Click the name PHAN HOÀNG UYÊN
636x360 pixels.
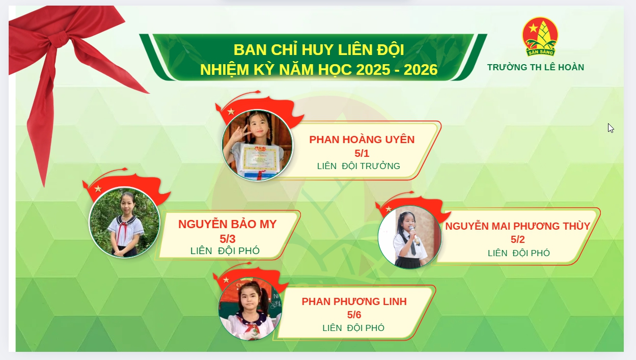click(362, 140)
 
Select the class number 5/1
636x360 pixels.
click(362, 153)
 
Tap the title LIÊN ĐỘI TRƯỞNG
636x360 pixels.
click(358, 166)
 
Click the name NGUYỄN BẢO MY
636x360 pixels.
click(227, 224)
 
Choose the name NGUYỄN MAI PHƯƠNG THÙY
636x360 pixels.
click(517, 226)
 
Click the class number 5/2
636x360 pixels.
click(517, 240)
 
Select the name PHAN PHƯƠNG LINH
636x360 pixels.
click(354, 301)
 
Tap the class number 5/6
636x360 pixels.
click(354, 315)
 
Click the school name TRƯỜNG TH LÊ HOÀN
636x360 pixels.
click(535, 67)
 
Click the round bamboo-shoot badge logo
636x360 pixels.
click(540, 36)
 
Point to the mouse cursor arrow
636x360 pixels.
click(610, 127)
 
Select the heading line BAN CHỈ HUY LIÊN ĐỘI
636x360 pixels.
click(318, 50)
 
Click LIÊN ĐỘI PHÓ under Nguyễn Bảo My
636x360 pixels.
click(225, 251)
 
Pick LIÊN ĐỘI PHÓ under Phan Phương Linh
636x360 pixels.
click(353, 328)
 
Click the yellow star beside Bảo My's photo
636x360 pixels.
click(98, 189)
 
